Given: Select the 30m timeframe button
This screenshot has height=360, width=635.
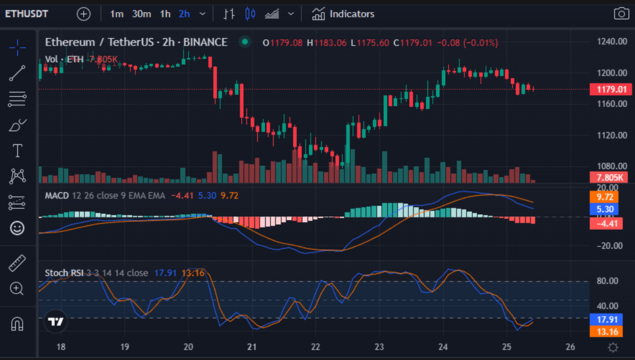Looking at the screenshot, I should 141,14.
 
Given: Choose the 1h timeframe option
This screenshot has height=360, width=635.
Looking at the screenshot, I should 165,14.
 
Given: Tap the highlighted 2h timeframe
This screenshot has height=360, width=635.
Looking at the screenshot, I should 184,14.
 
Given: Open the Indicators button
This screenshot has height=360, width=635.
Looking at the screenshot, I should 343,14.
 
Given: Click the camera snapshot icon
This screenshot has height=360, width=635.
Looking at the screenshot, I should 620,14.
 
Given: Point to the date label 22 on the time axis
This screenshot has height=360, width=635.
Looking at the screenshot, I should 315,347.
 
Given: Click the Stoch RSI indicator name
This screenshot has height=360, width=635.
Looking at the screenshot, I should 63,273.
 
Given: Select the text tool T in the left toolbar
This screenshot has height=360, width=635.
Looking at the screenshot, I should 18,151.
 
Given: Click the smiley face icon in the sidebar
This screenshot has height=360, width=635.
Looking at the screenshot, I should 18,228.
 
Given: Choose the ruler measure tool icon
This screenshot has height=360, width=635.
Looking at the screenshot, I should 18,263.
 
